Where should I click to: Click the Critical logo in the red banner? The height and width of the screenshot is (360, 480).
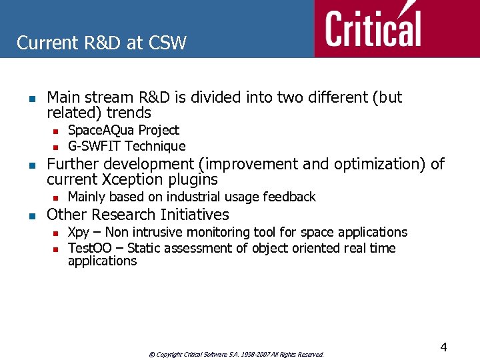coord(373,28)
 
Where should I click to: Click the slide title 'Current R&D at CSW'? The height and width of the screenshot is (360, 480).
coord(101,43)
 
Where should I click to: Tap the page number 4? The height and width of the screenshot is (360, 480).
coord(443,347)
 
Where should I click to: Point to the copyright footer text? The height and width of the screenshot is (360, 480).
coord(236,355)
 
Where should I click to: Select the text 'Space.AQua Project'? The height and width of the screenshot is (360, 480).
coord(123,130)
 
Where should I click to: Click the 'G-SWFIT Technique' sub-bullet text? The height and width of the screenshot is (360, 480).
coord(127,146)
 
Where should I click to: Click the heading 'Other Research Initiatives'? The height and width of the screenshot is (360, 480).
coord(137,215)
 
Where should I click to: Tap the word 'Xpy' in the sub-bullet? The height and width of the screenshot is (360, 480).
coord(78,232)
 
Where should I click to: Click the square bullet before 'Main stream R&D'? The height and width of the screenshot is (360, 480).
coord(31,98)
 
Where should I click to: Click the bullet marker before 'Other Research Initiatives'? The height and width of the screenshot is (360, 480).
coord(31,215)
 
